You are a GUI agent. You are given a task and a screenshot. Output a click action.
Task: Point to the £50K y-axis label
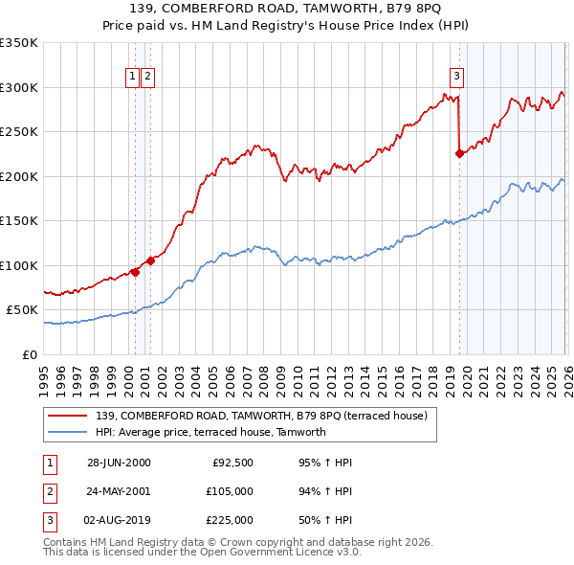click(22, 310)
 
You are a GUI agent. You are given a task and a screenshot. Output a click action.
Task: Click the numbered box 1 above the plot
click(134, 78)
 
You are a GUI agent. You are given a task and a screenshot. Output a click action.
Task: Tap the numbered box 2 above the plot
click(149, 78)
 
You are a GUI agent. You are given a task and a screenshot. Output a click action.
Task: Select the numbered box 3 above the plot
click(457, 78)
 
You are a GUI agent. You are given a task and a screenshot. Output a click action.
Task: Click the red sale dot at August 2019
click(459, 153)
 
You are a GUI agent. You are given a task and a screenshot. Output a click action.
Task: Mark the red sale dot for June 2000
click(135, 272)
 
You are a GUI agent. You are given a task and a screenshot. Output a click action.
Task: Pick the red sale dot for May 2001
click(150, 260)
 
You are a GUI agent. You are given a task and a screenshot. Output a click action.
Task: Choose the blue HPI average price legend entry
click(211, 432)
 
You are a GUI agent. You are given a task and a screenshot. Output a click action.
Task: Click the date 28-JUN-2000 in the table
click(119, 463)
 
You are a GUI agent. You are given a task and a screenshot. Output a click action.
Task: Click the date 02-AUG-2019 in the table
click(119, 520)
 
